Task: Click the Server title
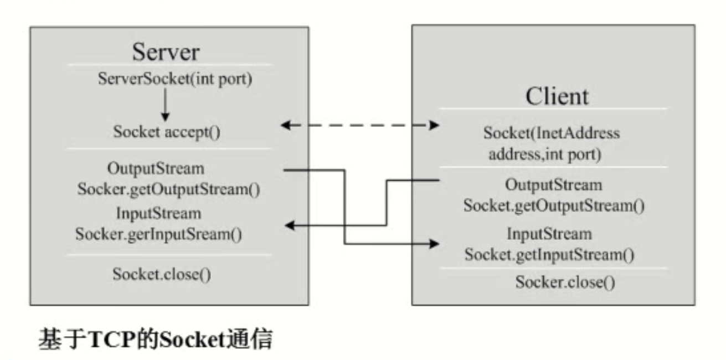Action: pyautogui.click(x=166, y=52)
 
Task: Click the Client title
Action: pyautogui.click(x=557, y=96)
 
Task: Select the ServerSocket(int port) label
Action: pyautogui.click(x=175, y=79)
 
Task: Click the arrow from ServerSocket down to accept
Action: pyautogui.click(x=164, y=105)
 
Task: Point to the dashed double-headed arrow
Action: pyautogui.click(x=360, y=126)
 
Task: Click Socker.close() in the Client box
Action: pyautogui.click(x=565, y=282)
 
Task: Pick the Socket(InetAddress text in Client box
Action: pyautogui.click(x=551, y=133)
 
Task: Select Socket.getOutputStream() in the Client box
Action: pyautogui.click(x=554, y=206)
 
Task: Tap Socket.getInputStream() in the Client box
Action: pyautogui.click(x=549, y=255)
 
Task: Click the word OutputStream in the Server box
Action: pyautogui.click(x=156, y=167)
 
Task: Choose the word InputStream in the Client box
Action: pyautogui.click(x=549, y=234)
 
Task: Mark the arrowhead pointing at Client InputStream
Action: pyautogui.click(x=435, y=244)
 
